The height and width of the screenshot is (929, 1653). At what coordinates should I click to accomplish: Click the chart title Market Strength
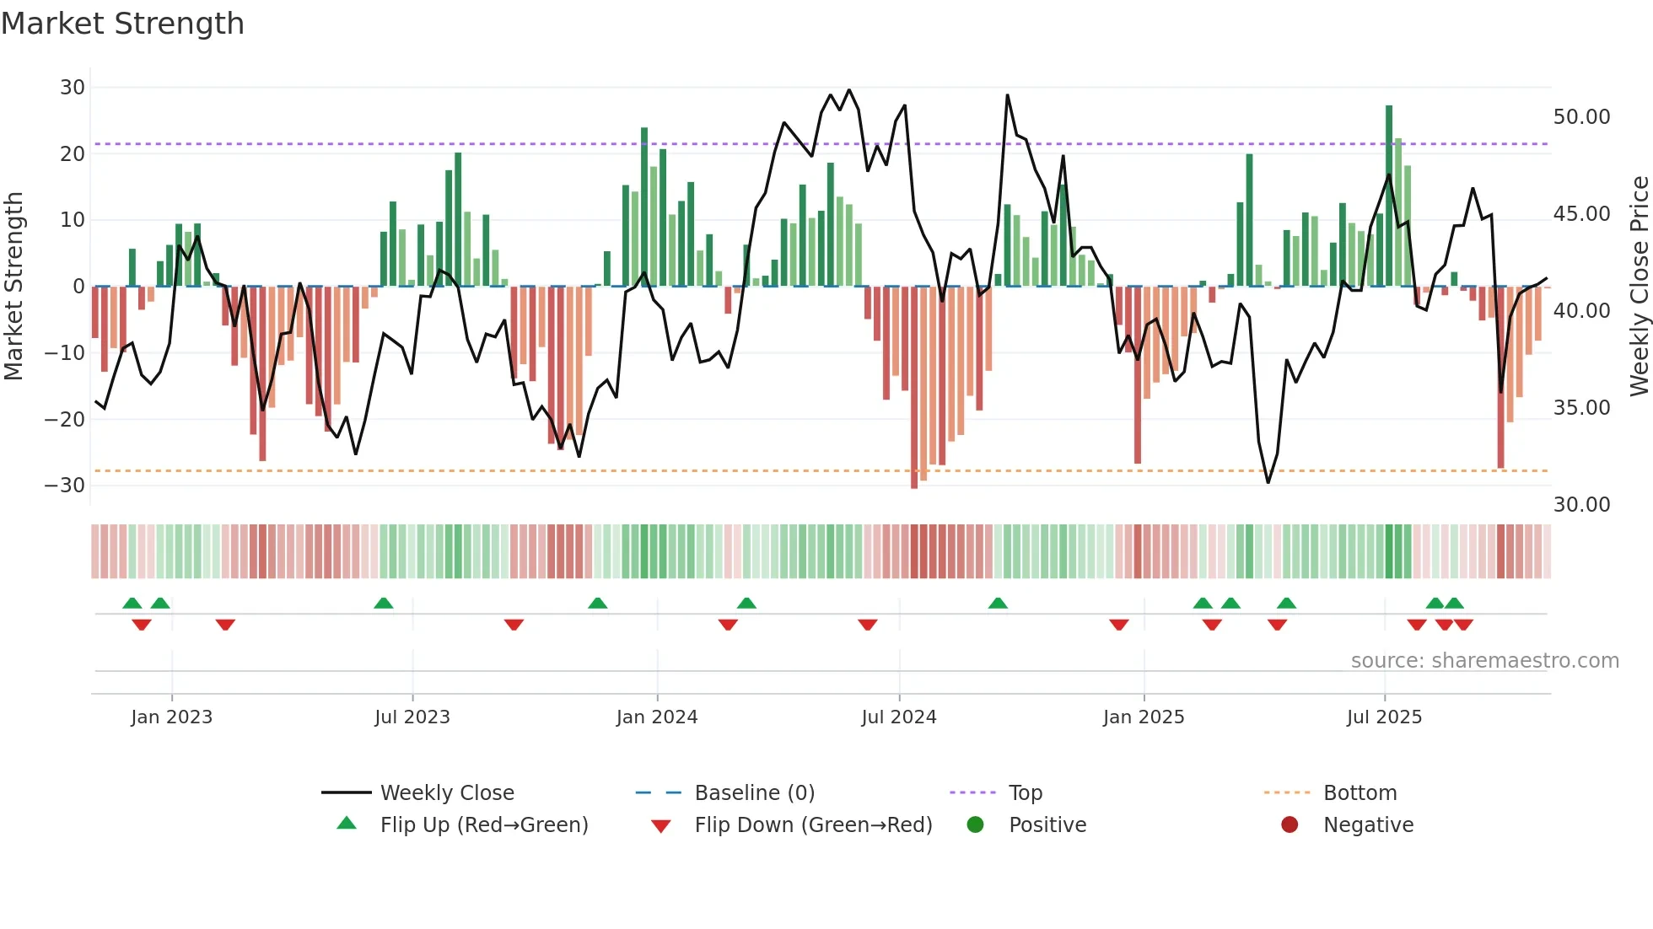122,24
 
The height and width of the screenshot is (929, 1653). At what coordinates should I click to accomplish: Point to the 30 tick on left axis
73,88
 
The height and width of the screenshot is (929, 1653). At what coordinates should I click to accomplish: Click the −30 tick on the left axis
66,486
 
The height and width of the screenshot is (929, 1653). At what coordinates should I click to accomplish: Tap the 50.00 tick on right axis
1581,117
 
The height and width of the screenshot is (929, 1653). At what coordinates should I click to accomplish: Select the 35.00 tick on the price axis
1581,408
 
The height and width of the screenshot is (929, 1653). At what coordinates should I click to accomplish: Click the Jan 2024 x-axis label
657,717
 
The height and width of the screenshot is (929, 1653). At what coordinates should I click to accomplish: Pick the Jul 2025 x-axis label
1384,717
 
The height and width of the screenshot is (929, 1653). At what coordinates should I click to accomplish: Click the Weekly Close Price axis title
1639,287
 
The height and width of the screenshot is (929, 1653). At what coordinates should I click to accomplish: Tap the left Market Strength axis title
13,287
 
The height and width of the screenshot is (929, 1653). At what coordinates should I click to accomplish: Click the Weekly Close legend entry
446,793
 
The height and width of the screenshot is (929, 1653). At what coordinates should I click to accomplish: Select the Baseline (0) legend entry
754,793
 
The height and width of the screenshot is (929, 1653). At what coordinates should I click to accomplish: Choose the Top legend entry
1025,793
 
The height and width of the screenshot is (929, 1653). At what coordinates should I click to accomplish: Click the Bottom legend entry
1360,793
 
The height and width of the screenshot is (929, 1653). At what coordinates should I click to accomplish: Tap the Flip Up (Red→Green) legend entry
483,825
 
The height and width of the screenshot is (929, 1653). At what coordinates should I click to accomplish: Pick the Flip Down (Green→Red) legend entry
813,825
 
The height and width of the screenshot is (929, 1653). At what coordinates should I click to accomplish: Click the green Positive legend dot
976,825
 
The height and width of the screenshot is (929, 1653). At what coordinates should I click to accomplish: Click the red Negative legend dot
1290,825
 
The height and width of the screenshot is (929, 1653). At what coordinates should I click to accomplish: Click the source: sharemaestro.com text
1484,661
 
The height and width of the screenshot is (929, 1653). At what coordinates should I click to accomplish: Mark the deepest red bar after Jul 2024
914,388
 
